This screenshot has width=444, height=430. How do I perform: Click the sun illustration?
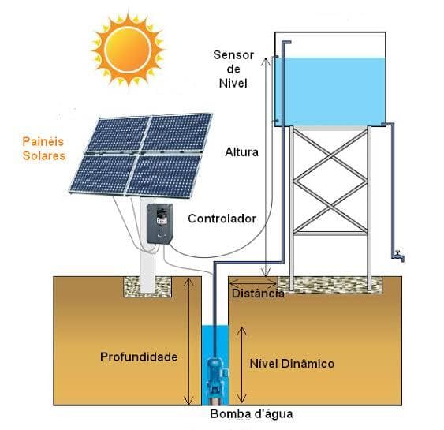point(129,50)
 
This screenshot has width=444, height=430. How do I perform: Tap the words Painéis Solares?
point(43,148)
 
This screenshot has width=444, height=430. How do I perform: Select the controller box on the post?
point(160,223)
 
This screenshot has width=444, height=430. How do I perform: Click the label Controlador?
point(222,219)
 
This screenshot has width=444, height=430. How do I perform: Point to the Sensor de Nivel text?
point(233,69)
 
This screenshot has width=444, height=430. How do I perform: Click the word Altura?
point(241,152)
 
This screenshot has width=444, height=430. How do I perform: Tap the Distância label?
point(258,294)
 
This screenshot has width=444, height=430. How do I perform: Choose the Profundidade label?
point(139,357)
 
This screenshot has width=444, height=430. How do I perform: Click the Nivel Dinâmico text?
point(292,364)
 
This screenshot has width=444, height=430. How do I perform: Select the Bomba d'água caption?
point(251,414)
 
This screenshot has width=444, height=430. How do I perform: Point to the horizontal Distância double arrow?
point(253,282)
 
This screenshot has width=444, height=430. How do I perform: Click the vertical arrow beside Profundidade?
point(188,341)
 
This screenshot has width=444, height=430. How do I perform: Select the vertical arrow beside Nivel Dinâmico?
point(241,365)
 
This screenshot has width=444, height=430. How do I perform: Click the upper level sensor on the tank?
point(277,57)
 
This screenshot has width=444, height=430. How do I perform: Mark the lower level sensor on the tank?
point(277,121)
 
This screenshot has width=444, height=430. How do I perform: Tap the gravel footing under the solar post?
point(147,286)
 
